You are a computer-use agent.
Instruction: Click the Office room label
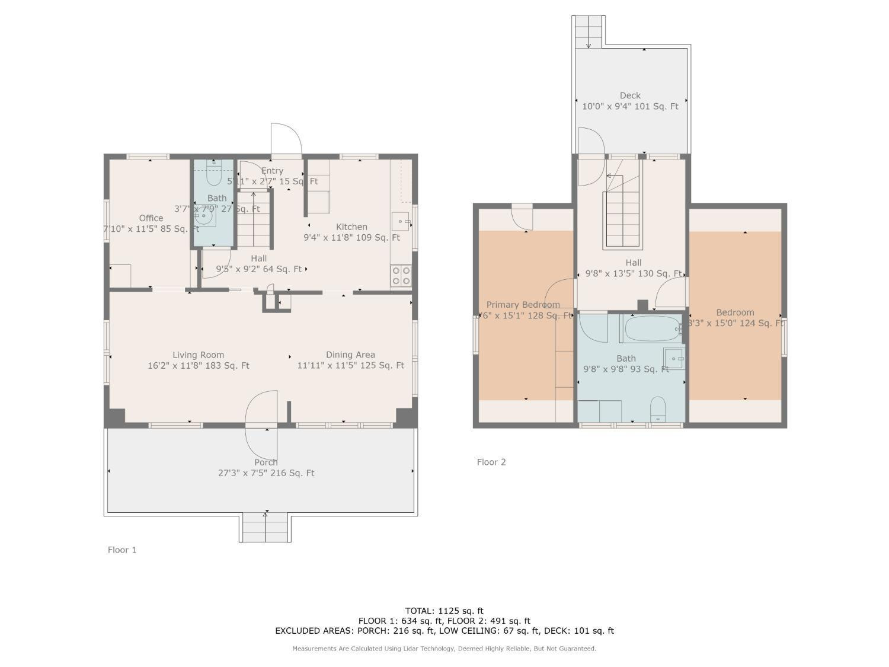point(151,218)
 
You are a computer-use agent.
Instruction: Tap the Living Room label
point(198,355)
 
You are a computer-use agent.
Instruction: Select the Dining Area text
point(350,355)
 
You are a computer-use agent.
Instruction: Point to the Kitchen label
point(351,227)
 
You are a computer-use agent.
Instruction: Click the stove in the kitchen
point(401,275)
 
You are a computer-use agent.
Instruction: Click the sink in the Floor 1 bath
point(206,217)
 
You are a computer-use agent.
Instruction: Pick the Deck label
point(630,95)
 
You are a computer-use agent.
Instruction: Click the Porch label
point(266,462)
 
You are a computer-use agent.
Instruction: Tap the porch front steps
point(265,527)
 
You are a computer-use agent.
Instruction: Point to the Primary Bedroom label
point(523,305)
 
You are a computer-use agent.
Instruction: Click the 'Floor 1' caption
point(122,550)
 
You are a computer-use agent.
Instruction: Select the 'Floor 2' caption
point(491,462)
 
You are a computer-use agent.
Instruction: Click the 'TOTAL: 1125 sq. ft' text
point(444,611)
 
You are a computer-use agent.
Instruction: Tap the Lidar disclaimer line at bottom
point(444,649)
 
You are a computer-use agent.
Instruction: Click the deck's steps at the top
point(589,30)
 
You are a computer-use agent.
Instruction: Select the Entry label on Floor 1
point(272,171)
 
